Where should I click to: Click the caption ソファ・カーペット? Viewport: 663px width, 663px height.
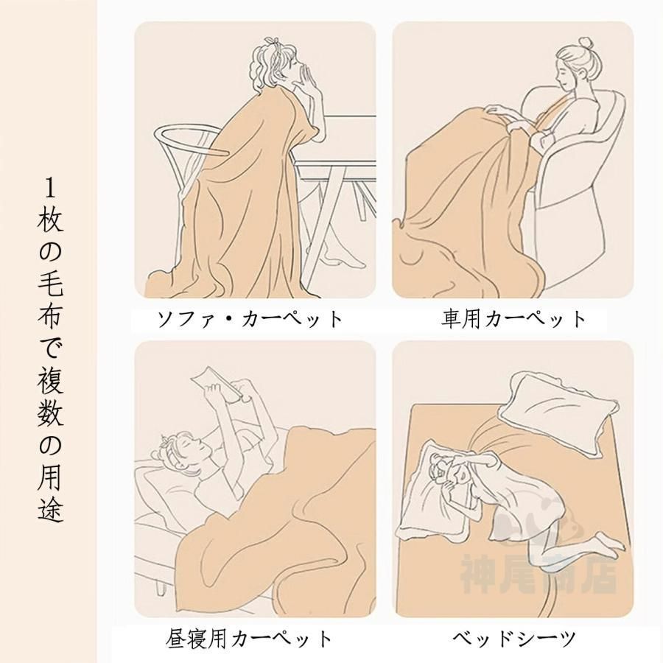250,319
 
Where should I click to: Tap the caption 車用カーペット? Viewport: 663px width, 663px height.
513,319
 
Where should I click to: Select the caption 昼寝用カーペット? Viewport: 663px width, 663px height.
249,639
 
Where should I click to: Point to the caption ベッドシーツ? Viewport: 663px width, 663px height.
514,639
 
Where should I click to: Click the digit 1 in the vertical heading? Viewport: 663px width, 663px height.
50,189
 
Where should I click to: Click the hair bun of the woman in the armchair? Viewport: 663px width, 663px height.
586,43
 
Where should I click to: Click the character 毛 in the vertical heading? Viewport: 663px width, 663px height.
50,284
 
